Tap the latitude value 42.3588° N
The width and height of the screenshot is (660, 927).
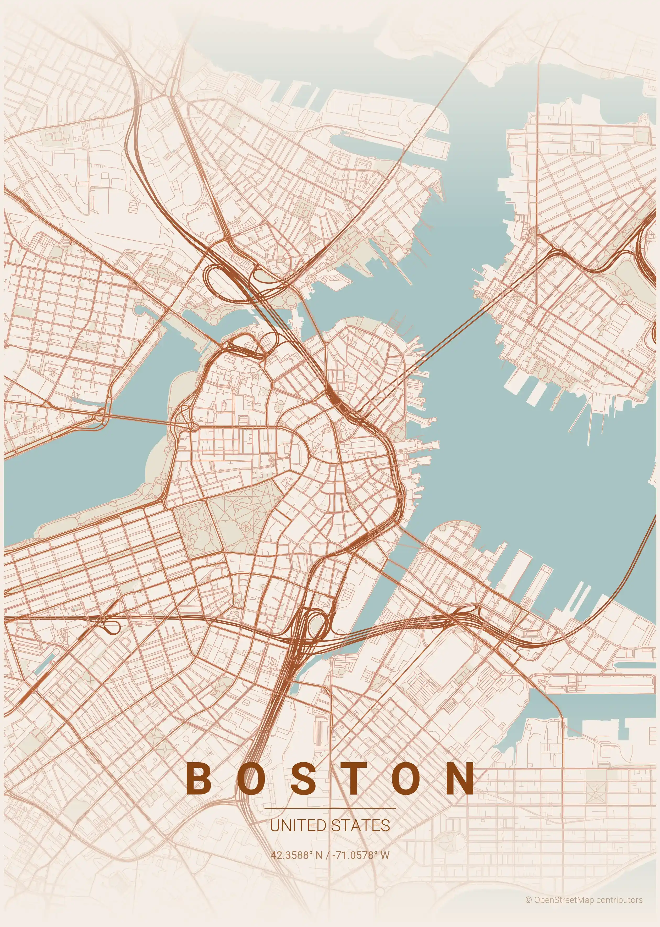tap(297, 855)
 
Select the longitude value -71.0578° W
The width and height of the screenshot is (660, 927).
tap(361, 855)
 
